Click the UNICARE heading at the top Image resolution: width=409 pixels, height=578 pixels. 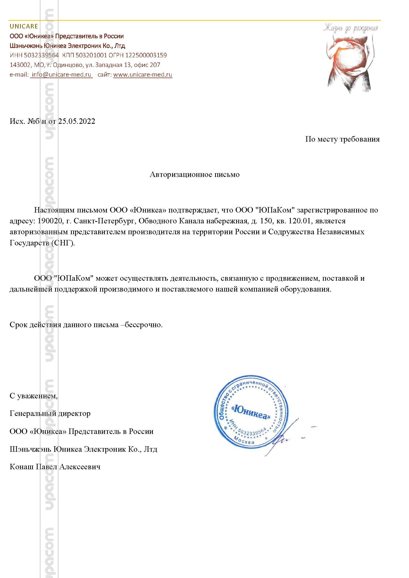point(24,26)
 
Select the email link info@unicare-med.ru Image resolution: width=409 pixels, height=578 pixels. point(62,75)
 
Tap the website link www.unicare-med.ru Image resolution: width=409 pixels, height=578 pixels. point(142,75)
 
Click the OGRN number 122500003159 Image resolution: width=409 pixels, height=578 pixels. point(146,55)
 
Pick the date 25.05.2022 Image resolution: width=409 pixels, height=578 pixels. point(77,121)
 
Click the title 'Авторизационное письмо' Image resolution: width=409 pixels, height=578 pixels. point(194,174)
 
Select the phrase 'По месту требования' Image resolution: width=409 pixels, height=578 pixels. point(342,139)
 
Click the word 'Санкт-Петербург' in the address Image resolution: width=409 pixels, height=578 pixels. point(105,221)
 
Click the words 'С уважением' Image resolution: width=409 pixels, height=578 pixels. point(33,396)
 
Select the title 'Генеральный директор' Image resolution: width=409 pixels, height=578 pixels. point(50,413)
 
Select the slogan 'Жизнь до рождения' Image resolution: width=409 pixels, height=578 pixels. point(350,28)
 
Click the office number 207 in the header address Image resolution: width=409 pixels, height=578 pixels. point(155,65)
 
